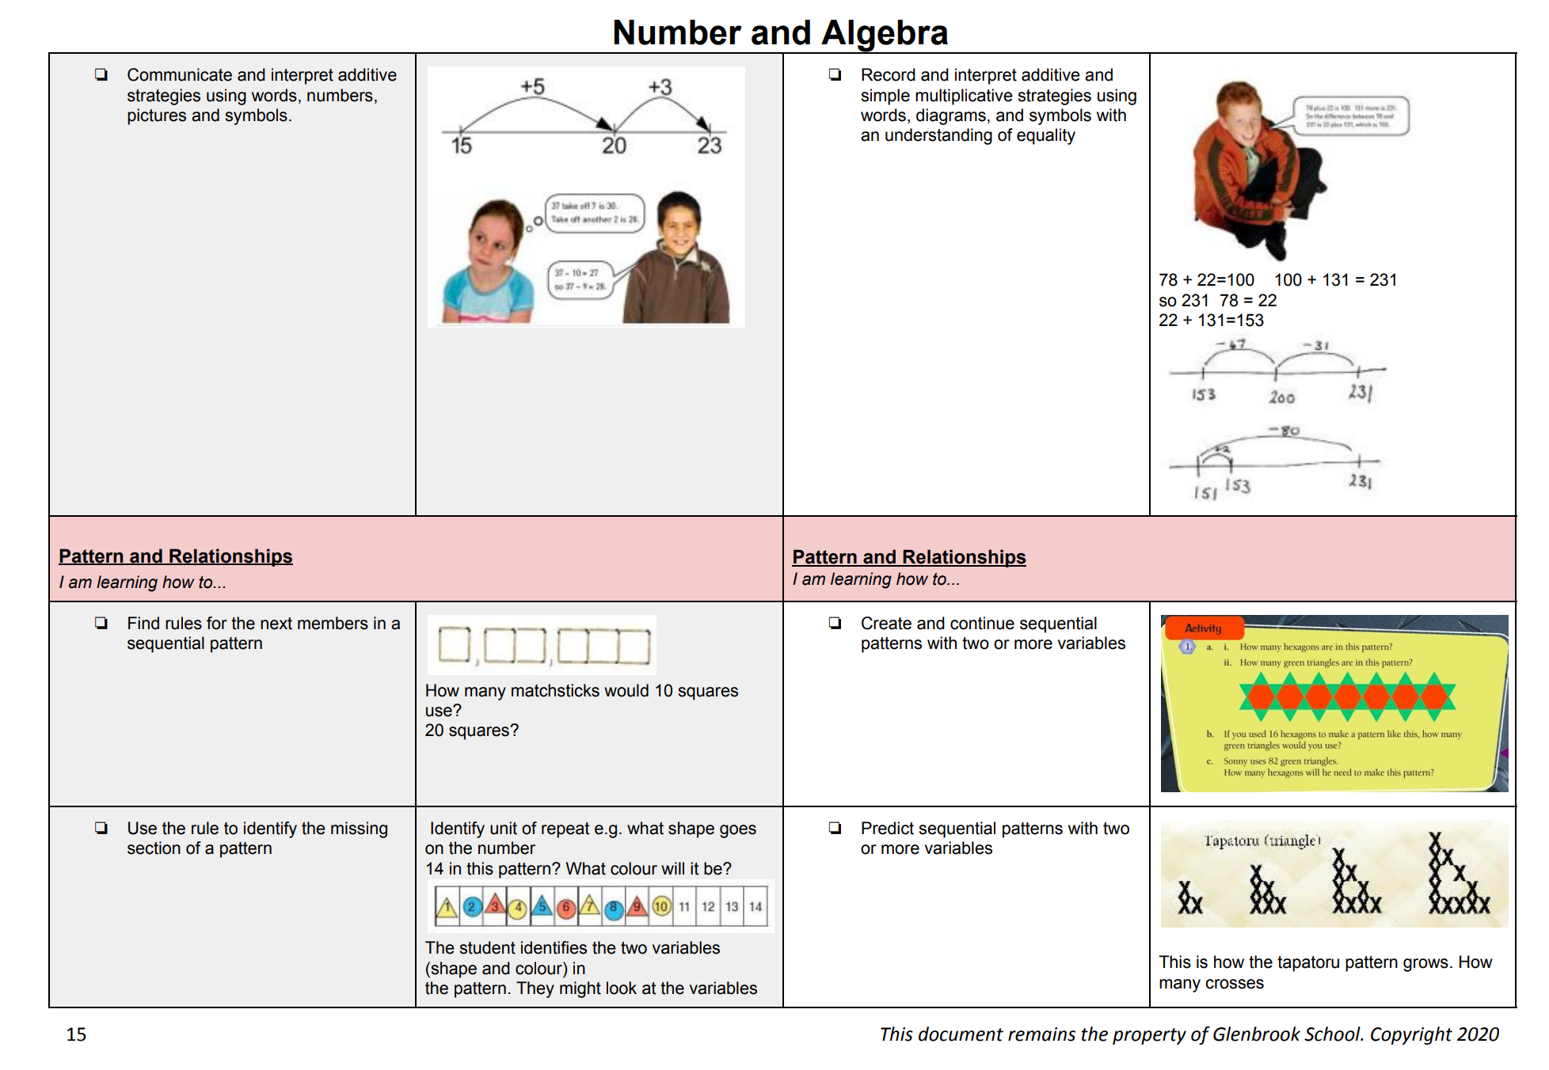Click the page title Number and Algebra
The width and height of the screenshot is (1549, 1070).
pyautogui.click(x=779, y=32)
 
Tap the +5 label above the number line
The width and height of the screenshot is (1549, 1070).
pyautogui.click(x=532, y=86)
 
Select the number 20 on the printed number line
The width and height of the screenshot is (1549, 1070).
pyautogui.click(x=614, y=146)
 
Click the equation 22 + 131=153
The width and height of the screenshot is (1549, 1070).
pyautogui.click(x=1211, y=321)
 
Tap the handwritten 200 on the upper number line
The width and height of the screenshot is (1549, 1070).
pyautogui.click(x=1281, y=397)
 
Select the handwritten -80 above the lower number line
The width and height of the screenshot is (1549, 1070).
pyautogui.click(x=1285, y=431)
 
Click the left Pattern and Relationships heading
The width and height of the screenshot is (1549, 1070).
pyautogui.click(x=175, y=556)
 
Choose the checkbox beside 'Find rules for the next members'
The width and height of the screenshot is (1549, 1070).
pyautogui.click(x=101, y=623)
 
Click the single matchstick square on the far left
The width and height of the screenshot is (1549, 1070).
pyautogui.click(x=455, y=644)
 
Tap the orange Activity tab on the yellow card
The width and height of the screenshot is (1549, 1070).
pyautogui.click(x=1202, y=628)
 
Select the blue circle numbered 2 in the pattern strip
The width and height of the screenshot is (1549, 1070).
pyautogui.click(x=472, y=906)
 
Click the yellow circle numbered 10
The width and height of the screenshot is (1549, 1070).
pyautogui.click(x=661, y=906)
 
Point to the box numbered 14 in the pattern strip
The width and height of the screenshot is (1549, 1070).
pyautogui.click(x=755, y=906)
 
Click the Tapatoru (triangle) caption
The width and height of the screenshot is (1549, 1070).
pyautogui.click(x=1262, y=840)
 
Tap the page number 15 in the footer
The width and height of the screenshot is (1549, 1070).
pyautogui.click(x=76, y=1034)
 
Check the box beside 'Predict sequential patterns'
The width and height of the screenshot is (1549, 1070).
pyautogui.click(x=835, y=828)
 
